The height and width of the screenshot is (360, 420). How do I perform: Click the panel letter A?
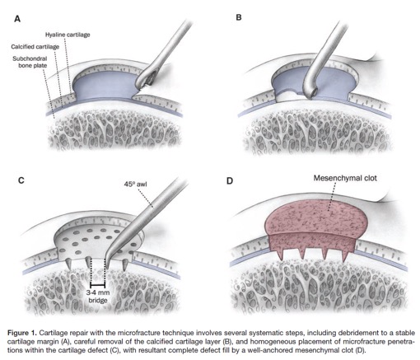(17, 19)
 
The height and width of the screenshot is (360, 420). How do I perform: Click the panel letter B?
(239, 17)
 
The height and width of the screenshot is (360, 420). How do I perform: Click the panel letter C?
(21, 180)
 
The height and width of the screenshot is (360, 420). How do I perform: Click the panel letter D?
(230, 181)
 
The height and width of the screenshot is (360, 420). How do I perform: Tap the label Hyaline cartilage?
(68, 35)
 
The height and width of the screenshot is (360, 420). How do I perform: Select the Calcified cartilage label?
(35, 47)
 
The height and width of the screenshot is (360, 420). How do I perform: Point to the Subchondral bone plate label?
(30, 62)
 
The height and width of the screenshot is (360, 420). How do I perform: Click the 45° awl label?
(135, 184)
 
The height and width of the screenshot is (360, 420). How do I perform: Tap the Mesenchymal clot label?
(345, 178)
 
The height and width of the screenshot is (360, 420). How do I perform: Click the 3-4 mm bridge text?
(98, 297)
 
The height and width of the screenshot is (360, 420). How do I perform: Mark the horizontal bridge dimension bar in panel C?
(98, 285)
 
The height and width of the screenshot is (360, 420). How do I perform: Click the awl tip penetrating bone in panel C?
(107, 266)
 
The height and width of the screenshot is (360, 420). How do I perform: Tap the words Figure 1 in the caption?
(22, 333)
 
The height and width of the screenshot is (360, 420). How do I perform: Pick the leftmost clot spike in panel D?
(280, 255)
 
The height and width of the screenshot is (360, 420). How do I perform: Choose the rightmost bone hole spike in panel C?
(125, 265)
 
